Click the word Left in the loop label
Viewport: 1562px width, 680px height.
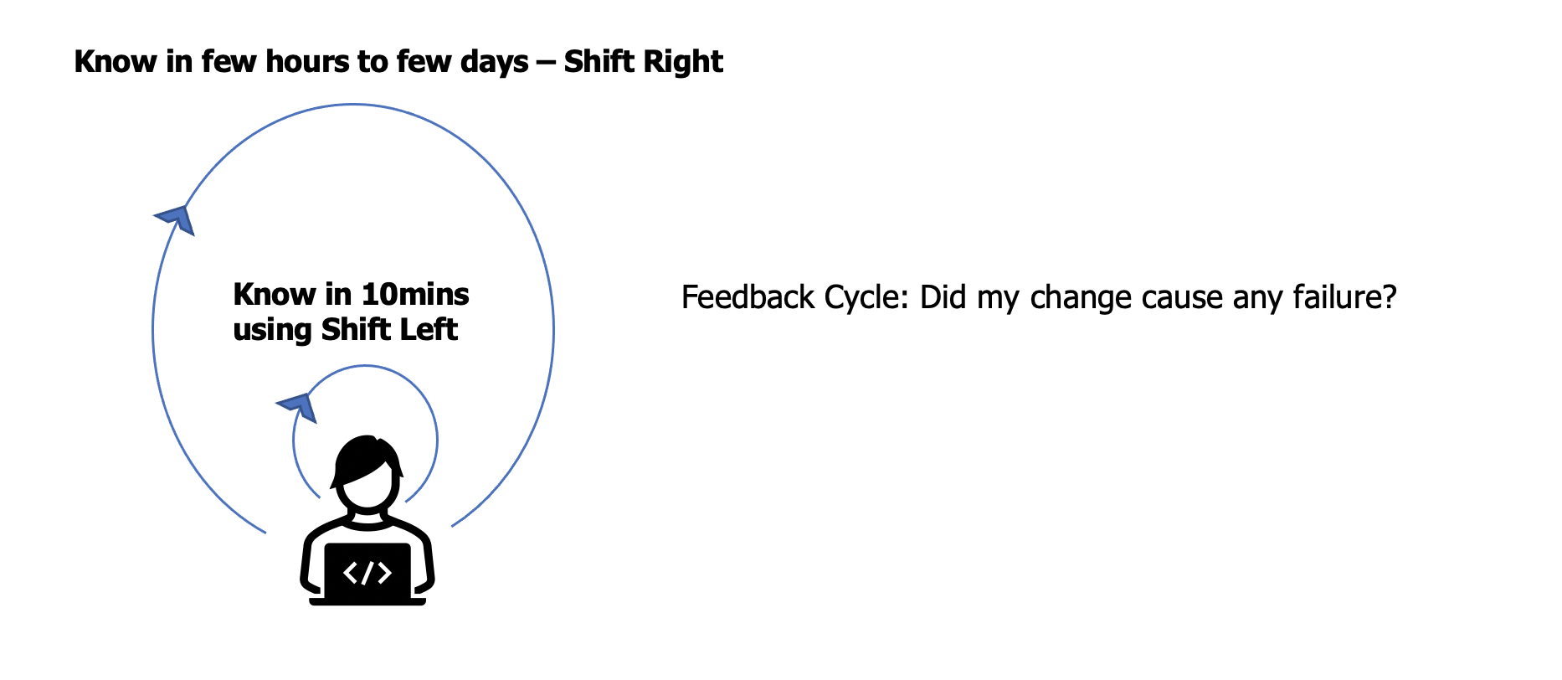tap(428, 330)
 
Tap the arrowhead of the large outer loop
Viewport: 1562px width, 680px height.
tap(177, 219)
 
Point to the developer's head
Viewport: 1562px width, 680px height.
tap(367, 472)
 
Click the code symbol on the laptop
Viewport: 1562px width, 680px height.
tap(367, 573)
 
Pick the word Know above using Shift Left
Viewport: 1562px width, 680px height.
tap(275, 295)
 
